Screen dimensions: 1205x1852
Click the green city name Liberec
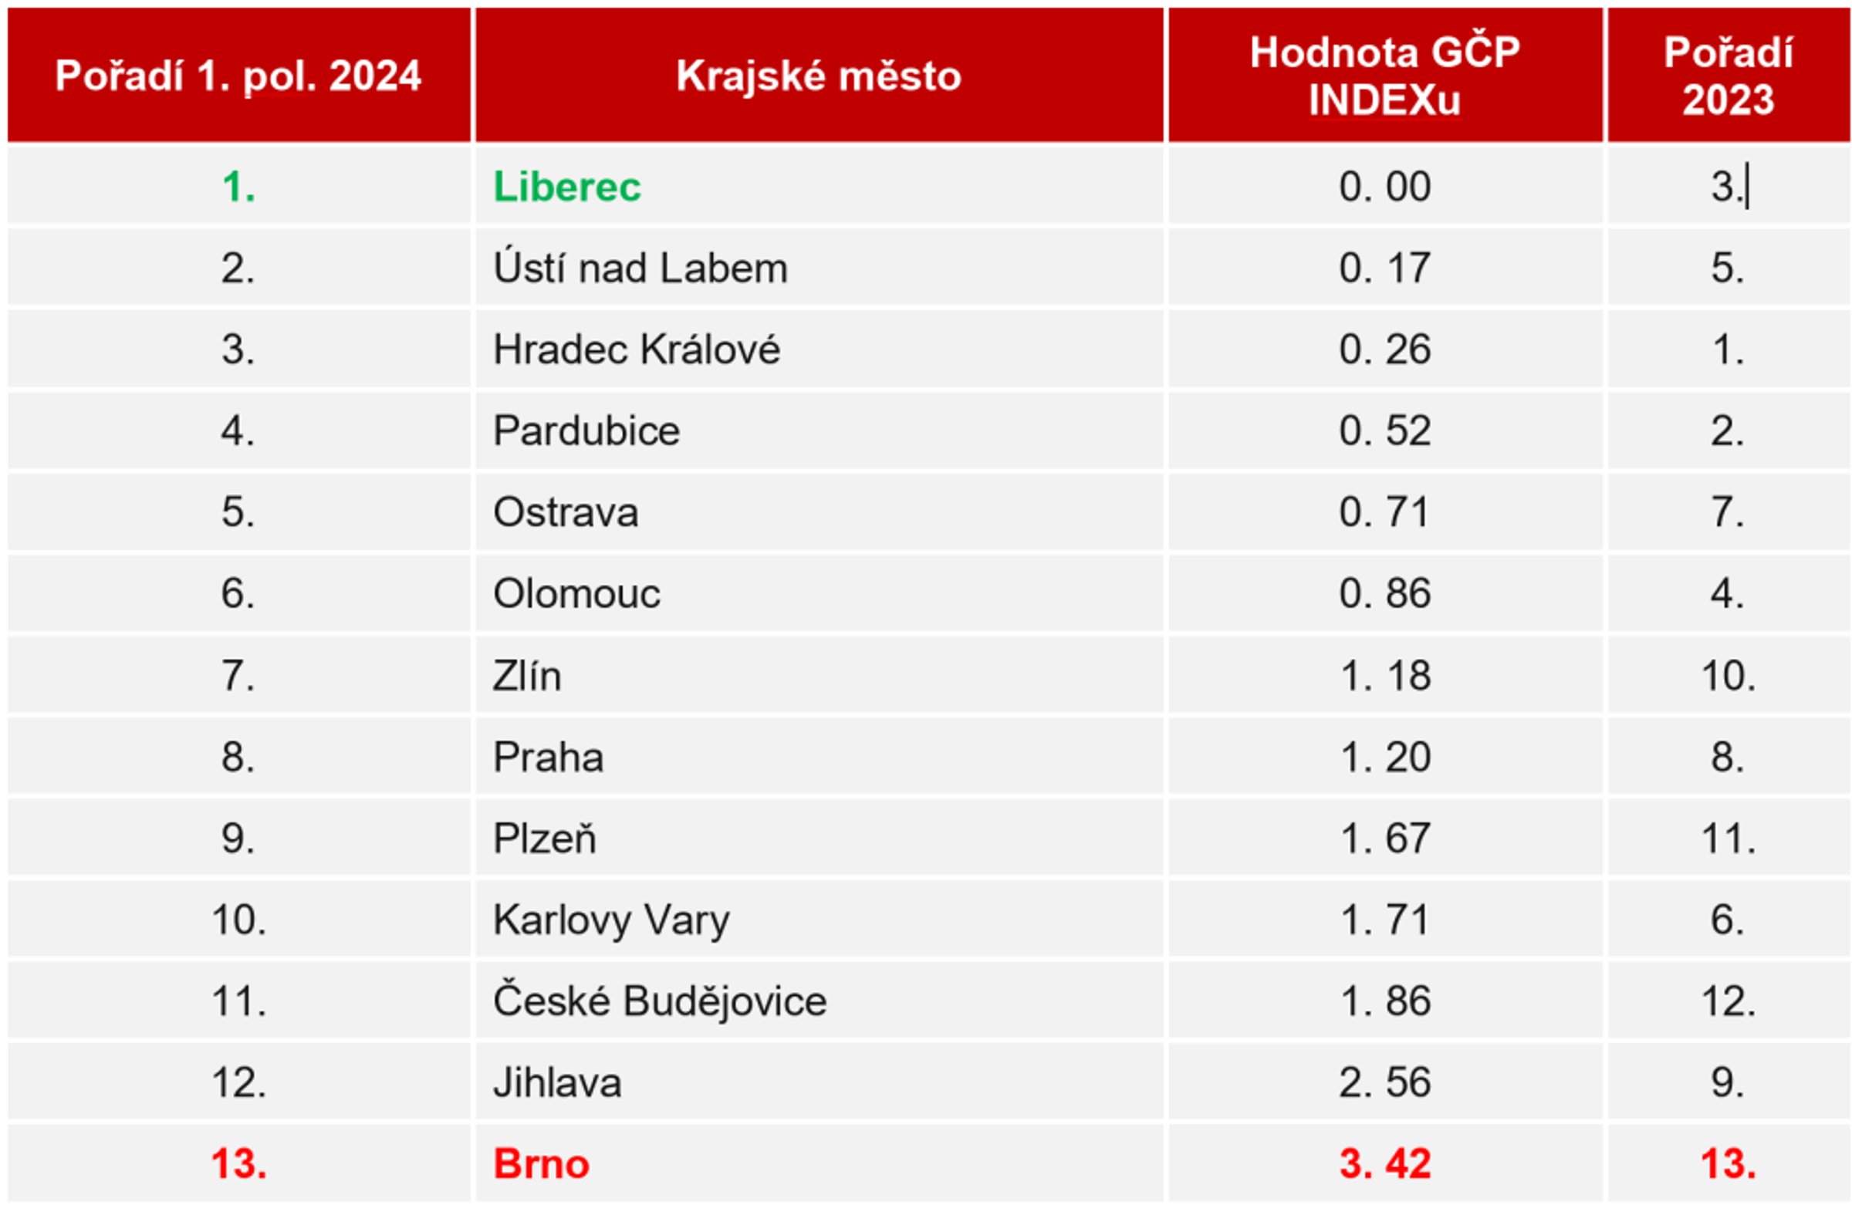566,187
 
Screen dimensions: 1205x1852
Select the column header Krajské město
819,76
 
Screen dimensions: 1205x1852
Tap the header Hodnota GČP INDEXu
1384,76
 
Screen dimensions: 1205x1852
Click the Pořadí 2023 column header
1728,76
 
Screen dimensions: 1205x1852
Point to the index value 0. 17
1384,268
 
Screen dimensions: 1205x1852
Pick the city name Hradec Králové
636,349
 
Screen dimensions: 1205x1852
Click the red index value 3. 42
1384,1164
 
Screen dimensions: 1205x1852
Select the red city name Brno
541,1164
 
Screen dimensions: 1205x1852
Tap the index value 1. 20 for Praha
1384,757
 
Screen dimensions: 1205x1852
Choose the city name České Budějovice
659,1001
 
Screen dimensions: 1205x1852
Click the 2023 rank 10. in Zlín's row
1728,675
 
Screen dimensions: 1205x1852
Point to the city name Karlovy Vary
612,920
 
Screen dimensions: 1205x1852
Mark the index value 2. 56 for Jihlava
1384,1082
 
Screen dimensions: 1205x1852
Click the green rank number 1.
238,187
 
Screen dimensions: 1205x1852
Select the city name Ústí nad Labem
640,268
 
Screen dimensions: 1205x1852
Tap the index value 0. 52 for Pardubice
1384,431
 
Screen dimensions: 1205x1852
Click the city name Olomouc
576,593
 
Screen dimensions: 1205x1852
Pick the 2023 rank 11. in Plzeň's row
1728,839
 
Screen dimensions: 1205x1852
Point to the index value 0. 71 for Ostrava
1384,512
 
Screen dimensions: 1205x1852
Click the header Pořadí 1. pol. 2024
238,76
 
